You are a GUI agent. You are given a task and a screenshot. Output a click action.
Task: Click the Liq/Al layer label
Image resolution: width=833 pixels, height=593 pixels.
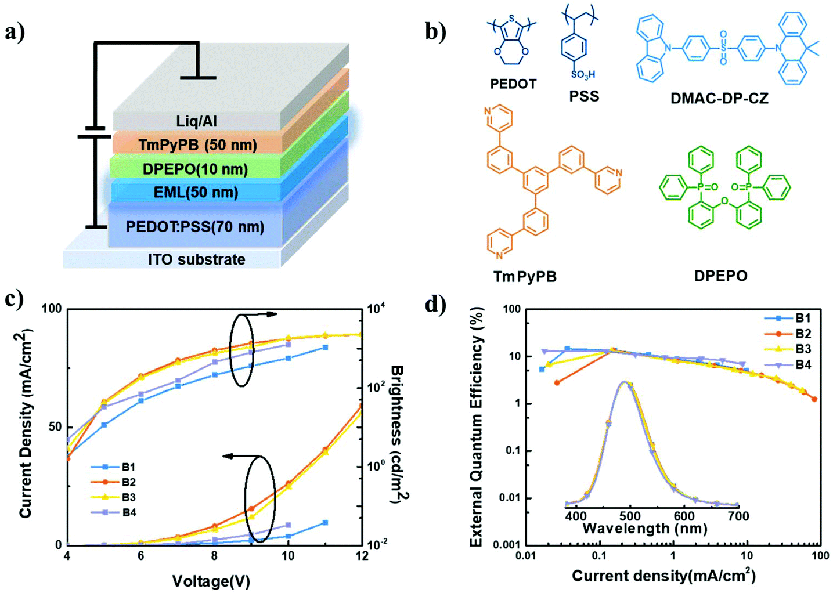[x=197, y=121]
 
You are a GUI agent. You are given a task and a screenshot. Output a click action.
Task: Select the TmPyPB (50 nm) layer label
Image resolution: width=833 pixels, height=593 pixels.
[x=197, y=144]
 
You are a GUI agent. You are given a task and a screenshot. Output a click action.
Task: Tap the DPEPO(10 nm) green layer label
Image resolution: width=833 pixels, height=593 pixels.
[x=195, y=169]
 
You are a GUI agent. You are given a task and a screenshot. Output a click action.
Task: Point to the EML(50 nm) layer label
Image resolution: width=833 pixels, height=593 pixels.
[x=196, y=192]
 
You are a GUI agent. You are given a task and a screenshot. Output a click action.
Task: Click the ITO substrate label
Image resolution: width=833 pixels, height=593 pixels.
[x=196, y=259]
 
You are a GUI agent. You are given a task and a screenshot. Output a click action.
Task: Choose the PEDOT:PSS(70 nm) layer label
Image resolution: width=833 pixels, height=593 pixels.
[x=195, y=226]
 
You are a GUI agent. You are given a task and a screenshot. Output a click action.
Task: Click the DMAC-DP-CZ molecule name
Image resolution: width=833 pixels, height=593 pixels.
[x=719, y=98]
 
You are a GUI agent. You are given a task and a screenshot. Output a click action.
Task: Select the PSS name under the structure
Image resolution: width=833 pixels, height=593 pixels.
[x=583, y=96]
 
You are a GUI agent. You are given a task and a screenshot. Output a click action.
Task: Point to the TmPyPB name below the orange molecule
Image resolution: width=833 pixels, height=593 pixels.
[x=524, y=276]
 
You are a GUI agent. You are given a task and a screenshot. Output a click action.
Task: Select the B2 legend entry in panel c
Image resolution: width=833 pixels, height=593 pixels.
[x=128, y=482]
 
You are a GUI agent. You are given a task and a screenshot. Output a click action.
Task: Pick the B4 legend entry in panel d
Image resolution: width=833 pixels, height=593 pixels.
[x=803, y=365]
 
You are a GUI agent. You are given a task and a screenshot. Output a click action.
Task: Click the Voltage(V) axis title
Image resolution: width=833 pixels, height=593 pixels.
[x=211, y=581]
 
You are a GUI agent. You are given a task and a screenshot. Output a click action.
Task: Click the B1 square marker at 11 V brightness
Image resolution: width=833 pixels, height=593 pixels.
[x=325, y=348]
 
